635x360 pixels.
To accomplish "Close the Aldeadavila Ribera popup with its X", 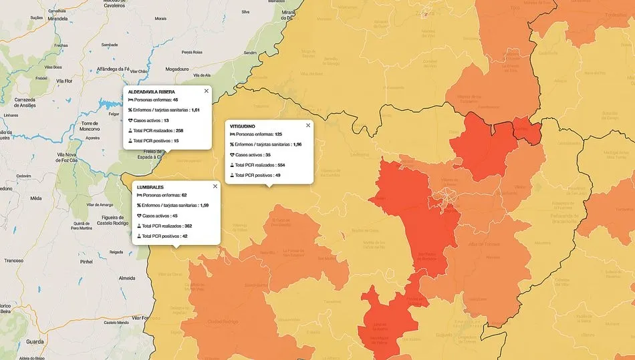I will [x=206, y=91].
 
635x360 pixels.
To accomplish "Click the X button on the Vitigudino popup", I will [x=307, y=125].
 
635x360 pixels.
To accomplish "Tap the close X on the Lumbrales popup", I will [x=215, y=186].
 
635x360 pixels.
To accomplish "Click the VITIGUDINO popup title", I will [x=243, y=126].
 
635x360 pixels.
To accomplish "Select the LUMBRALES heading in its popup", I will [x=150, y=187].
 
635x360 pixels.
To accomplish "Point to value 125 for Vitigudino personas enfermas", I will [x=278, y=134].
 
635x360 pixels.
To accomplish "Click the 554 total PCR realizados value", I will [x=281, y=165].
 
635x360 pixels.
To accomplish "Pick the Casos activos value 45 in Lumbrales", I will [x=174, y=216].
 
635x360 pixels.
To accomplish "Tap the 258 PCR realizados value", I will [x=179, y=130].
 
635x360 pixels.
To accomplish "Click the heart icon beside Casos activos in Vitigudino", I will [x=232, y=155].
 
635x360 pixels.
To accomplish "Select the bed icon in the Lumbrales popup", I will [x=139, y=196].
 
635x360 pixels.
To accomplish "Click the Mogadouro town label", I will [x=177, y=69].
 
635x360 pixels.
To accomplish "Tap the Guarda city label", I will [x=35, y=341].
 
